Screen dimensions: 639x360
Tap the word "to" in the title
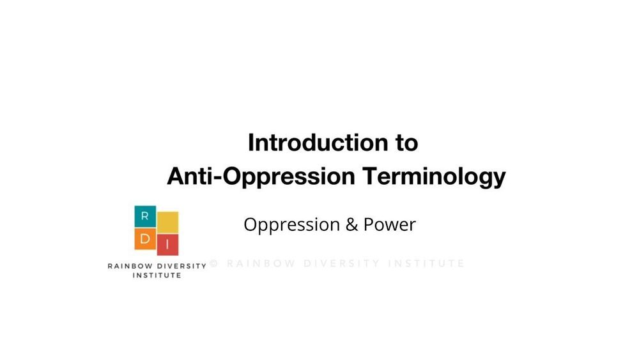point(406,143)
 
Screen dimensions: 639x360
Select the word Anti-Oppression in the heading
point(261,176)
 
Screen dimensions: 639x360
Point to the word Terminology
point(434,176)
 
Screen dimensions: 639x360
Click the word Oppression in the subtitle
point(292,225)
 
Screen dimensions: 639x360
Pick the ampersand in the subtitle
point(351,224)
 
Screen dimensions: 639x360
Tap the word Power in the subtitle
point(390,224)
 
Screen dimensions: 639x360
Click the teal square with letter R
point(145,217)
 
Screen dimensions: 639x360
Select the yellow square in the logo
point(168,222)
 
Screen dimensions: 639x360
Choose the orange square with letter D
point(145,239)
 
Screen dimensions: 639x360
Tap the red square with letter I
point(168,245)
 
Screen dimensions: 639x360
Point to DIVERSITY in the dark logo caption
point(181,266)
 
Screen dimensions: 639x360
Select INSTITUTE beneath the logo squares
point(157,276)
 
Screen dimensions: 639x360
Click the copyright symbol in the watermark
point(214,263)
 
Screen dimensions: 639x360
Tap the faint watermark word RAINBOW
point(261,263)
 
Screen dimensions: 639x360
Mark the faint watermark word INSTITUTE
point(426,263)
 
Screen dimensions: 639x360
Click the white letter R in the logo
point(144,217)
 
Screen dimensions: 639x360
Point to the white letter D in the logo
point(145,239)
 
